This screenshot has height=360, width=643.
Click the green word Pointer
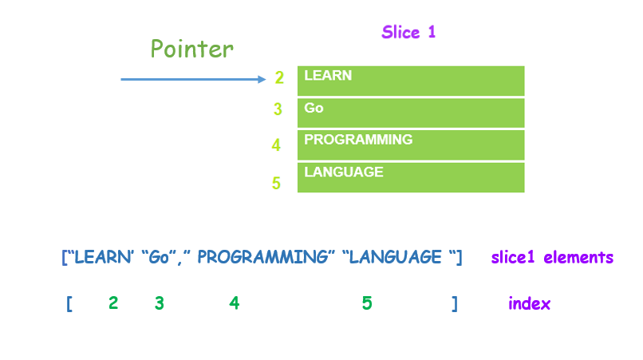(192, 49)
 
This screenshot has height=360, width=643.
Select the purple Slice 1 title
(408, 32)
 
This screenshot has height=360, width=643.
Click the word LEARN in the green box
(328, 76)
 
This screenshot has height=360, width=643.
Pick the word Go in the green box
(314, 108)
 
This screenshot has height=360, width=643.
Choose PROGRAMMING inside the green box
(358, 140)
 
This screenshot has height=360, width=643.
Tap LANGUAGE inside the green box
(344, 172)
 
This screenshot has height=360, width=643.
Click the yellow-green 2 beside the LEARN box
(279, 77)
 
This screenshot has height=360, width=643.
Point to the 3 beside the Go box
(278, 109)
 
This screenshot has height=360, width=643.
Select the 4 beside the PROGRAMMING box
(276, 145)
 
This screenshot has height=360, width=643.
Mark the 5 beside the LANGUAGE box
(276, 183)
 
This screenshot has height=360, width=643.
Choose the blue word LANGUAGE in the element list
(395, 257)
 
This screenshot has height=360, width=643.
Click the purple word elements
(578, 257)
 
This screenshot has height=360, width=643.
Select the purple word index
(529, 304)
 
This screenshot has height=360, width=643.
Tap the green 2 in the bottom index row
(113, 303)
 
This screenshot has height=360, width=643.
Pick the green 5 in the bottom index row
(367, 303)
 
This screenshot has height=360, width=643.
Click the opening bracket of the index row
(69, 304)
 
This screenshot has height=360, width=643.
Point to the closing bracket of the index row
(455, 304)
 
